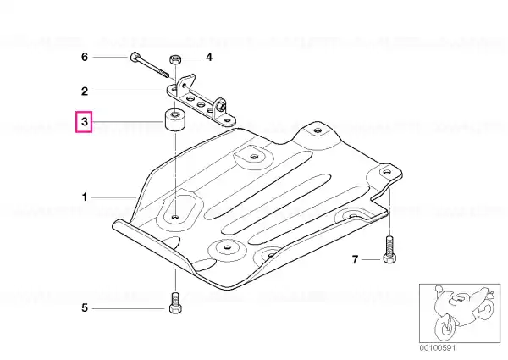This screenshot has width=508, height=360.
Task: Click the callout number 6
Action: (85, 57)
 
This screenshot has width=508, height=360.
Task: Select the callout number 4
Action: (209, 57)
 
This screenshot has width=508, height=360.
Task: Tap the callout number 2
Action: (85, 91)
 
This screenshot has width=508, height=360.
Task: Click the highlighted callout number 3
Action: (84, 122)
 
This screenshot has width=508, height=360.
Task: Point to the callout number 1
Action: (85, 197)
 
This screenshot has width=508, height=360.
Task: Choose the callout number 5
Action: (85, 307)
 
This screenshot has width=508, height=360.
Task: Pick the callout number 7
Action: (356, 259)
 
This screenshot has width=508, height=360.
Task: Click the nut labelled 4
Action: (175, 59)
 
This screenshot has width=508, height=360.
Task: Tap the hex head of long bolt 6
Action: (134, 58)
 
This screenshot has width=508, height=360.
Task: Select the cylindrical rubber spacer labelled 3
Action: (175, 121)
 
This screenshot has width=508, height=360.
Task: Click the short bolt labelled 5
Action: (175, 303)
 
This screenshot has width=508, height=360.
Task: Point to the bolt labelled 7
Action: (389, 249)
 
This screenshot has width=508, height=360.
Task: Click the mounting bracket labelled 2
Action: (200, 101)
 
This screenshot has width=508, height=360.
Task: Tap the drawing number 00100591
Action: (438, 347)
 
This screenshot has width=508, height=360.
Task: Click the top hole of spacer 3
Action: (175, 114)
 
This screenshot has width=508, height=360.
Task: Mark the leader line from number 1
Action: (114, 197)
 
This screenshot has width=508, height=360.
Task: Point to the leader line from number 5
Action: (129, 308)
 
